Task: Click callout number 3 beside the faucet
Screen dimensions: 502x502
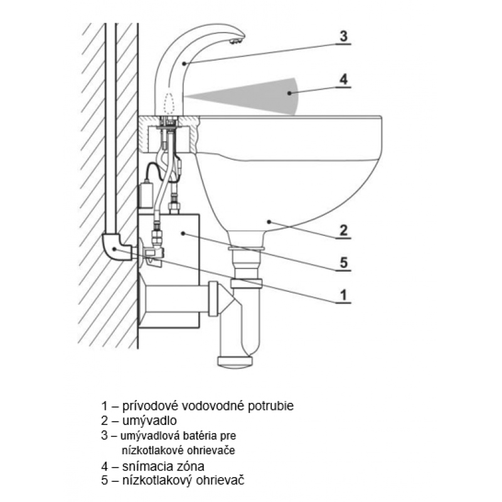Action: point(343,36)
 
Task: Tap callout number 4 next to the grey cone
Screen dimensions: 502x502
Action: point(343,79)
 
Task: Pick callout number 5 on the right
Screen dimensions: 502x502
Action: point(343,262)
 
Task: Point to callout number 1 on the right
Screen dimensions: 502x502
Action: point(343,294)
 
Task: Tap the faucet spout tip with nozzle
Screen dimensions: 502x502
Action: point(237,42)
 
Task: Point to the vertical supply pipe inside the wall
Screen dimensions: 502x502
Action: point(113,125)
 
